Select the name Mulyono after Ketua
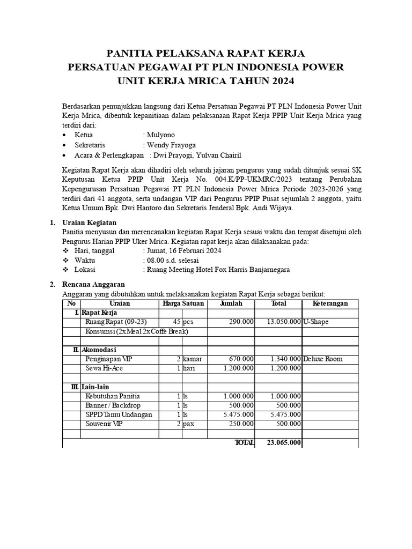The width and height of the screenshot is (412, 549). click(161, 135)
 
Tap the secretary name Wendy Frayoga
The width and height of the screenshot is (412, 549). click(171, 145)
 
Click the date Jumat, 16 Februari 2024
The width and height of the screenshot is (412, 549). click(183, 250)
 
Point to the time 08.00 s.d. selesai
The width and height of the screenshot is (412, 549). click(172, 260)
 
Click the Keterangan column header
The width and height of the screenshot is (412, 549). click(330, 303)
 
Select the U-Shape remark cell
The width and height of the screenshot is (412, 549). click(316, 322)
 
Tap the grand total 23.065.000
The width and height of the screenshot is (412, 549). click(284, 443)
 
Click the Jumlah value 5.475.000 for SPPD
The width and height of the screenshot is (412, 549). click(238, 414)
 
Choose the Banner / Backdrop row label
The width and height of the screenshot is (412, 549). click(111, 405)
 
